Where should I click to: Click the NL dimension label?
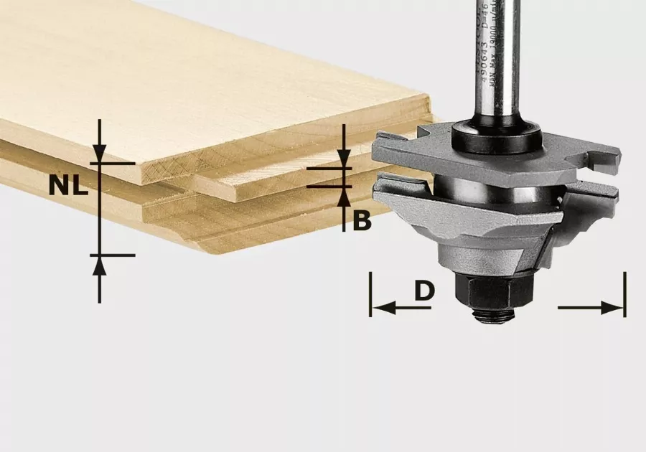68,187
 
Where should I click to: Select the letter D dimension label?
425,291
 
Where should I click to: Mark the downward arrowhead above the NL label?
99,152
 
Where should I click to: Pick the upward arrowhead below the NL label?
99,265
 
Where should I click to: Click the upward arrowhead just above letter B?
344,195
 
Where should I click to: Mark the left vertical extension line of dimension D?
370,294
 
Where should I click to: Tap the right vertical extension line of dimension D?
625,294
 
